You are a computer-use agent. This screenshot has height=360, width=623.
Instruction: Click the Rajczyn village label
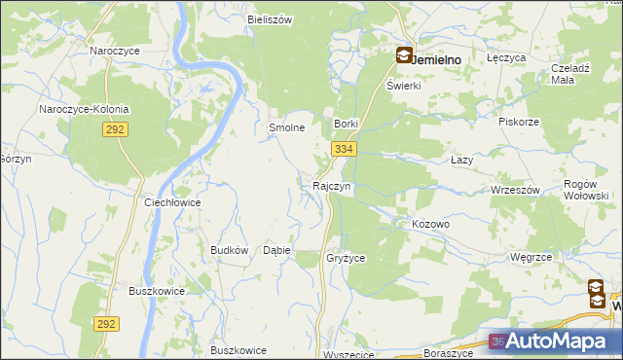[332, 185]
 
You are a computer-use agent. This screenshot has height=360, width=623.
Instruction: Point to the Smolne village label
[287, 127]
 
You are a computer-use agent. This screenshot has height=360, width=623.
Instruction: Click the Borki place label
[348, 124]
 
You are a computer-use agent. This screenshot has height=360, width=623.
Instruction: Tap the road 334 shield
[343, 149]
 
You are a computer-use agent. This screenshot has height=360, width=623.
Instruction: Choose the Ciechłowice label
[171, 203]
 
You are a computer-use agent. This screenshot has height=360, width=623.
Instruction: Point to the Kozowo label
[430, 224]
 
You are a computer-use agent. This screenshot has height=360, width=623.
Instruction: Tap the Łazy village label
[462, 159]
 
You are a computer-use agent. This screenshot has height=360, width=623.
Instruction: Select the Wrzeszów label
[516, 190]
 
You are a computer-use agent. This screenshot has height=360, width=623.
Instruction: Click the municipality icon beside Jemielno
[403, 56]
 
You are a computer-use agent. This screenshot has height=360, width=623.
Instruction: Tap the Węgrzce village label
[531, 257]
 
